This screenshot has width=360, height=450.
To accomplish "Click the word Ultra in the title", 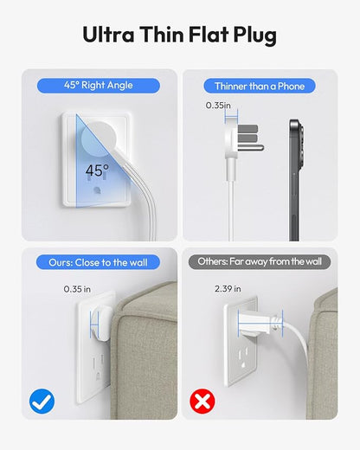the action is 108,35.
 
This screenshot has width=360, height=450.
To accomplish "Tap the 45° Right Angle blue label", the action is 99,86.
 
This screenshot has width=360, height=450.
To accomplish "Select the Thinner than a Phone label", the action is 260,86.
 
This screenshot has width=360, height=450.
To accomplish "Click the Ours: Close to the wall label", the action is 98,262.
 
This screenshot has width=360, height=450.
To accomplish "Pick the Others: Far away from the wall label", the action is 260,262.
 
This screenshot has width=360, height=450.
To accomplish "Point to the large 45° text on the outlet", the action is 97,170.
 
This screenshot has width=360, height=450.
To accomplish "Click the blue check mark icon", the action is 42,401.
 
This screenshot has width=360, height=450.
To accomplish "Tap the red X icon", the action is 202,401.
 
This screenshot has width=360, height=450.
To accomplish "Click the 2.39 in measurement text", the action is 228,289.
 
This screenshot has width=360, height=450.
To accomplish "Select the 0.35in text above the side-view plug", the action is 218,106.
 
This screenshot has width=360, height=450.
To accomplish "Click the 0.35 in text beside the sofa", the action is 77,289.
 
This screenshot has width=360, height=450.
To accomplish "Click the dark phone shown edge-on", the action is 296,180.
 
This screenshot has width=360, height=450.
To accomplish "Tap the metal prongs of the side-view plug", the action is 250,138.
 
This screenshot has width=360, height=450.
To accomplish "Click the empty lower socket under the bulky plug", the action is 244,357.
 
